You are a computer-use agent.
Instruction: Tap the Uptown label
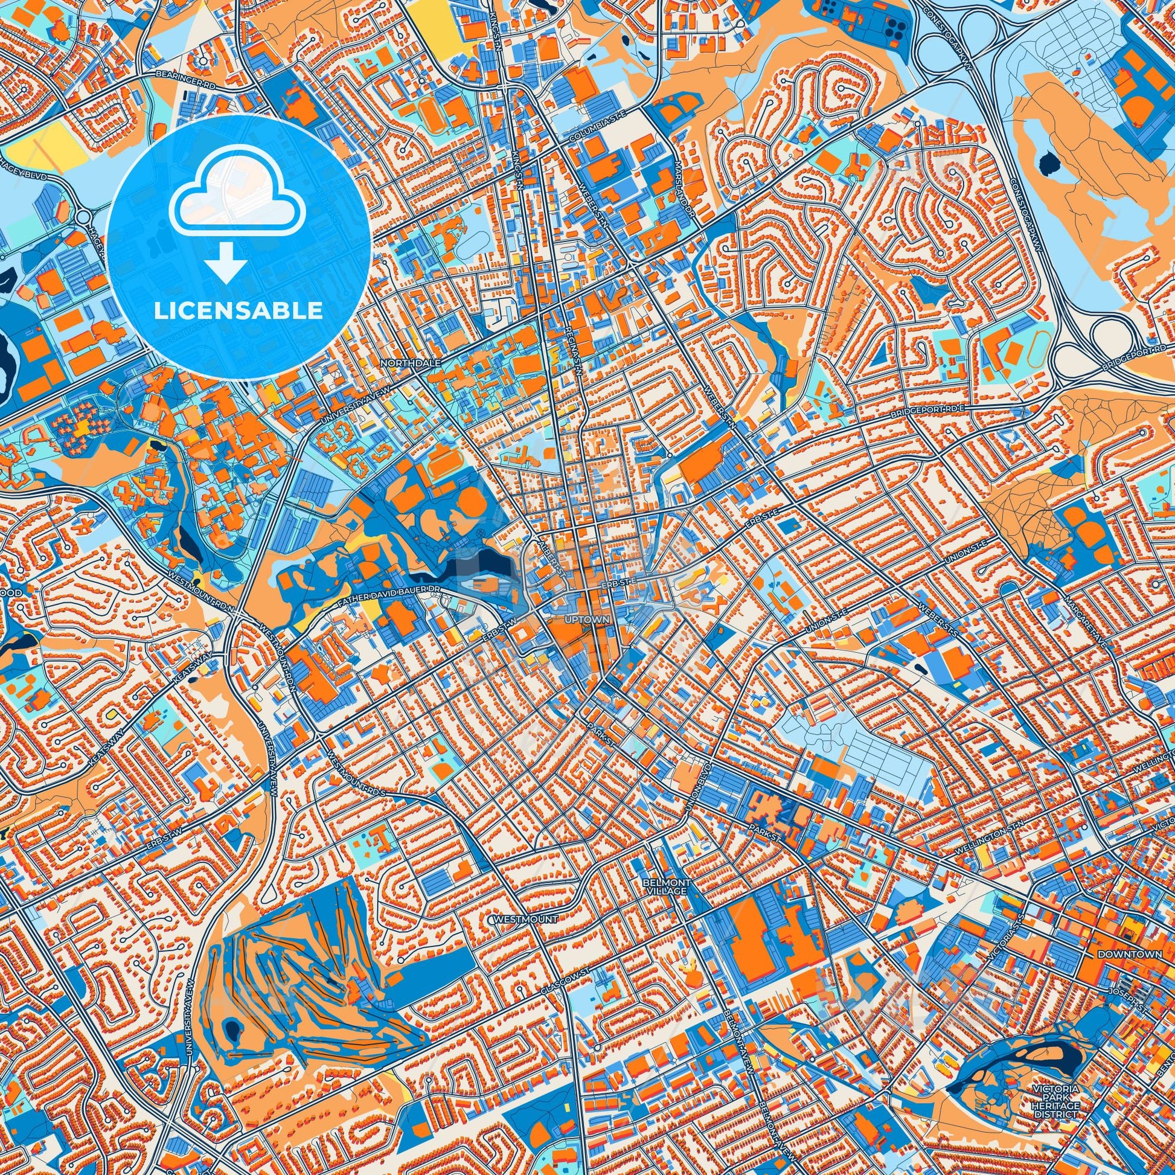(x=587, y=619)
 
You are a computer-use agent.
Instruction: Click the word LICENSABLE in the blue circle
(x=238, y=311)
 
